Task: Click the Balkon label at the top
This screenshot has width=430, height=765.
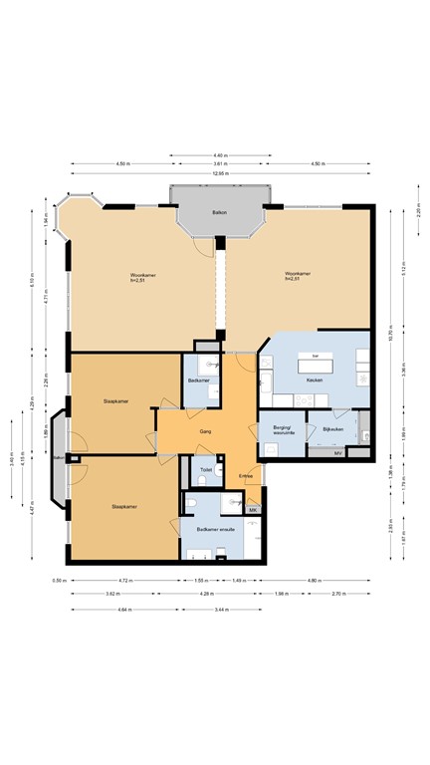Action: pyautogui.click(x=219, y=212)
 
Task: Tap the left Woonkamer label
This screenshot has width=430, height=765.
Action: pyautogui.click(x=141, y=277)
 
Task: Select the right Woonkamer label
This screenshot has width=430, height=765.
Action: pyautogui.click(x=296, y=277)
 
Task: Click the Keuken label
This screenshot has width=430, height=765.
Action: pyautogui.click(x=315, y=380)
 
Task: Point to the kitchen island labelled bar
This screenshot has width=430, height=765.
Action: pyautogui.click(x=316, y=357)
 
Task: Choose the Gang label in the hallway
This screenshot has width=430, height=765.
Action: pyautogui.click(x=205, y=431)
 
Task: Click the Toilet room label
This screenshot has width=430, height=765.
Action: pyautogui.click(x=205, y=469)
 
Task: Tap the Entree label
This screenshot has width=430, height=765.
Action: pyautogui.click(x=246, y=476)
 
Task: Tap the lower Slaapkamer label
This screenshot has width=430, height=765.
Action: pyautogui.click(x=124, y=506)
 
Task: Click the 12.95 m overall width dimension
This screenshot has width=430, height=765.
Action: pyautogui.click(x=220, y=174)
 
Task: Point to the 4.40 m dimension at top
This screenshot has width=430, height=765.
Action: pyautogui.click(x=220, y=154)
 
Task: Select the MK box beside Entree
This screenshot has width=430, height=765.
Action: pyautogui.click(x=253, y=510)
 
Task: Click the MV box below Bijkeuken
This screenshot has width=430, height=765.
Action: pyautogui.click(x=338, y=452)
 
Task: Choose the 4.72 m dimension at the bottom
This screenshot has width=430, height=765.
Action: pyautogui.click(x=124, y=581)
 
